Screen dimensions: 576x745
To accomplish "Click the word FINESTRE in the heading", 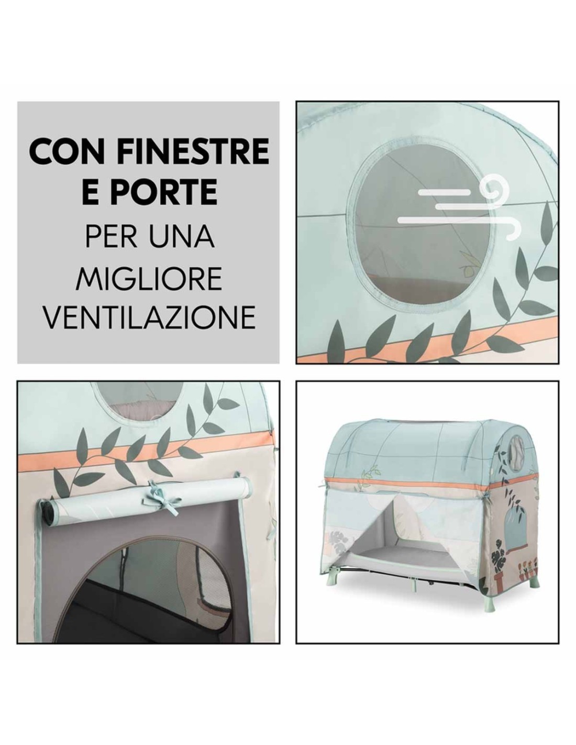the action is [x=193, y=151].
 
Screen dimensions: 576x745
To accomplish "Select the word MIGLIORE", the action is [x=148, y=279].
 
